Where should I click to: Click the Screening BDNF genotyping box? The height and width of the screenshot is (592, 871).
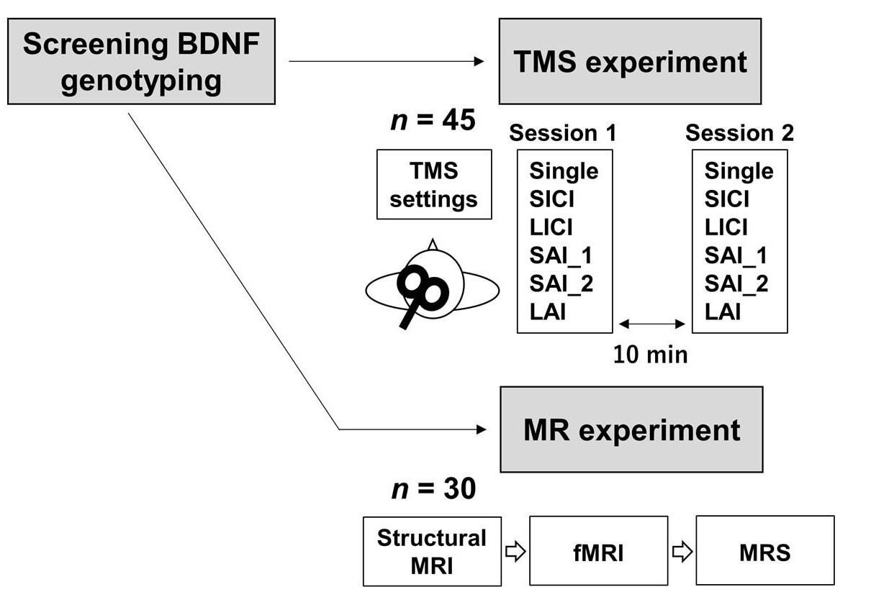click(141, 62)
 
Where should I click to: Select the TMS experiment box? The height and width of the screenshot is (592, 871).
click(630, 62)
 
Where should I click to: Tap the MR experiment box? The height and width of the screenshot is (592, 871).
click(631, 429)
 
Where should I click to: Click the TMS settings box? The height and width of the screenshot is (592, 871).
click(434, 184)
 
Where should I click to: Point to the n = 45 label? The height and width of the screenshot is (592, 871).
click(433, 120)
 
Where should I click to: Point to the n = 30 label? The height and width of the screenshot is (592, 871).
click(433, 489)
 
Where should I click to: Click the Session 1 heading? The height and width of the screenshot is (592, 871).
click(562, 133)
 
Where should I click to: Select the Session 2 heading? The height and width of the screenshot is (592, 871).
click(739, 133)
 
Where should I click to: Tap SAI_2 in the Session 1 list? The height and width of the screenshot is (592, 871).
click(561, 283)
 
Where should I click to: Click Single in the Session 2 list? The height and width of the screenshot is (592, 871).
click(739, 171)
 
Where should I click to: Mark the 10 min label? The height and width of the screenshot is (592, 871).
click(650, 354)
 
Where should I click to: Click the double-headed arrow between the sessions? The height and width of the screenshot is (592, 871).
click(651, 324)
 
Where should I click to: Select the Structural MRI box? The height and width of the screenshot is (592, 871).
click(432, 551)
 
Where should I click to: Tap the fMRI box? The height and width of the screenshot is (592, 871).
click(598, 552)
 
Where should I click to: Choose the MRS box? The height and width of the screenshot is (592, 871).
click(764, 552)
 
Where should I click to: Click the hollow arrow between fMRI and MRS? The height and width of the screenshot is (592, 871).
click(682, 552)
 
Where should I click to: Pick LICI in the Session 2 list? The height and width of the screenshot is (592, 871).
click(726, 227)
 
